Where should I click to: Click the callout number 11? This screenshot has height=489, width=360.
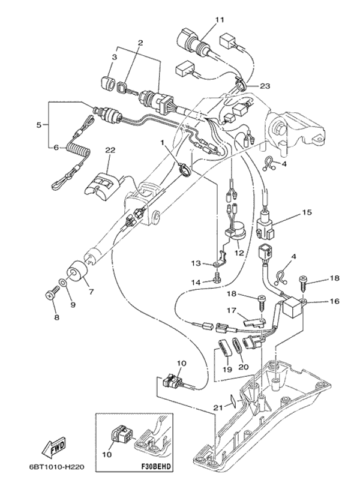click(x=220, y=20)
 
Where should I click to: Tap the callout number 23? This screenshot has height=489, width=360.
click(x=265, y=86)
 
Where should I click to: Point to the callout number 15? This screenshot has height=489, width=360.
click(x=307, y=212)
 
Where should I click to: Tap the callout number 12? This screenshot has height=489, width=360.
click(x=240, y=253)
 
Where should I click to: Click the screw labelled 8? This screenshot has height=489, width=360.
click(x=50, y=293)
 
